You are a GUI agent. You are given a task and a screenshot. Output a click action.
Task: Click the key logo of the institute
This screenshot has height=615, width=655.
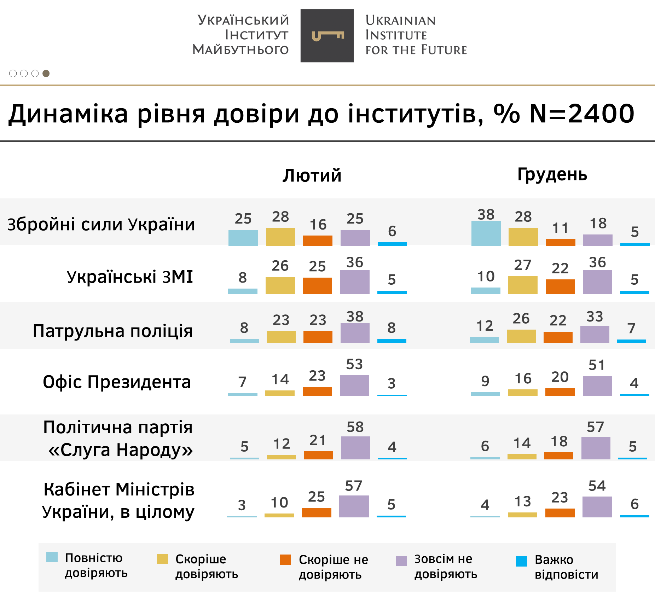point(327,36)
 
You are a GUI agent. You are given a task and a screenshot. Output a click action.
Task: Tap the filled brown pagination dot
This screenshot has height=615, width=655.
point(46,73)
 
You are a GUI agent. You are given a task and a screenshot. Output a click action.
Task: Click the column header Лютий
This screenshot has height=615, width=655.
point(312,175)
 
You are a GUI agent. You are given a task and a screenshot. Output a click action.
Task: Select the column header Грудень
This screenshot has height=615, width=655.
point(552,174)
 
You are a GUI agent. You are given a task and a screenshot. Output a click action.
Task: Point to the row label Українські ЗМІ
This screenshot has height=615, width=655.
point(130,277)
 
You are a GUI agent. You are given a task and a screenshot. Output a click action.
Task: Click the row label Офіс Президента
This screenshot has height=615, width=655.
point(117,382)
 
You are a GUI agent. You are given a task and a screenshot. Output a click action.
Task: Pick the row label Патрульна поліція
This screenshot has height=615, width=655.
point(112,331)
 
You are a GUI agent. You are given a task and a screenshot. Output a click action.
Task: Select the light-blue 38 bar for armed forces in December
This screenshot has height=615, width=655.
point(486,233)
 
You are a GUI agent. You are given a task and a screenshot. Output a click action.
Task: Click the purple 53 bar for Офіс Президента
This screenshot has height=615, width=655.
point(354,385)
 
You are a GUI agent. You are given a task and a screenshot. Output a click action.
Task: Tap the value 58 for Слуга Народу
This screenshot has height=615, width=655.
point(355,427)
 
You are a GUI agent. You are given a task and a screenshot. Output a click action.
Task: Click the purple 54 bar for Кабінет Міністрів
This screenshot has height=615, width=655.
point(597,507)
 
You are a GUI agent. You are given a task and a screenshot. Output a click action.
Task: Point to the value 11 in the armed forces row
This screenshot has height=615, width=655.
point(561,228)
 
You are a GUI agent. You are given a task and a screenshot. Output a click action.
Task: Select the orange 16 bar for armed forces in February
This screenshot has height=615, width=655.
point(318,240)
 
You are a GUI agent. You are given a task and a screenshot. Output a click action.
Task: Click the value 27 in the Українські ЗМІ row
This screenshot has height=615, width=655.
point(523,265)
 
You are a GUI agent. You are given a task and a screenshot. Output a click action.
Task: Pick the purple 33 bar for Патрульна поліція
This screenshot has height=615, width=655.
point(595,335)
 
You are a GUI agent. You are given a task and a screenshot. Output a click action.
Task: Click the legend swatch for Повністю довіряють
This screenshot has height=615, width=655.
point(52,557)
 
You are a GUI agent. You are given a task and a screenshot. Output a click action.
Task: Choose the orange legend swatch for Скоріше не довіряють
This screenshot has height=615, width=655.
point(285,559)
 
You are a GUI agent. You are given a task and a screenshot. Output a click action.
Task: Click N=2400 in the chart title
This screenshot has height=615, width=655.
point(582,114)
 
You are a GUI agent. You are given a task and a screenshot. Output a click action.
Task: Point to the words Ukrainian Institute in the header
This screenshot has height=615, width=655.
point(400,28)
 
